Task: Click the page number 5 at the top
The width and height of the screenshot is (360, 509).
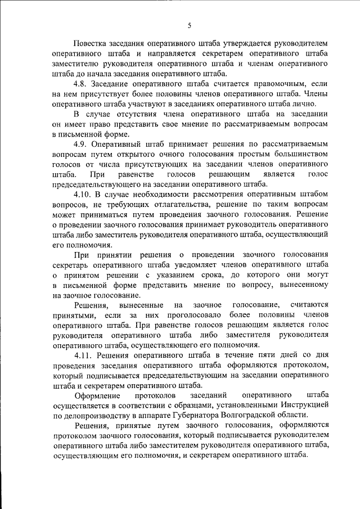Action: pos(190,25)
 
